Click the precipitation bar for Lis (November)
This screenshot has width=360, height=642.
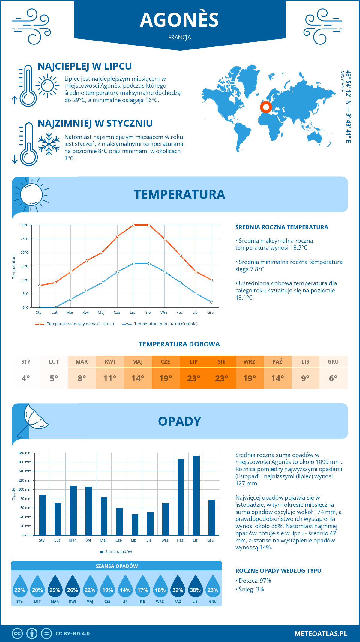click(196, 495)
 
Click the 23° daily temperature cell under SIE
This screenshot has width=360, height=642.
click(222, 378)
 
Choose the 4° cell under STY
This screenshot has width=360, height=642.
click(26, 378)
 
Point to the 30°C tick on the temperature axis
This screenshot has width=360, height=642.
click(25, 225)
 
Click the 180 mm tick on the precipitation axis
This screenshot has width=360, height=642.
click(25, 453)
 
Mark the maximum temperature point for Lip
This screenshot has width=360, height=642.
click(133, 225)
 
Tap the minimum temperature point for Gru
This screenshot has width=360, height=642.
click(211, 302)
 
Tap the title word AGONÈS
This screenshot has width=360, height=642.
click(179, 20)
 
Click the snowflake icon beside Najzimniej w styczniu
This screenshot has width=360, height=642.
click(49, 144)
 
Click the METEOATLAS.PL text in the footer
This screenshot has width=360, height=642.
click(321, 634)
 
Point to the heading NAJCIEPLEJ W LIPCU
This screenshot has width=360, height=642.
click(85, 66)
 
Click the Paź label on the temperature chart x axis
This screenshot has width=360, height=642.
click(179, 313)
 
